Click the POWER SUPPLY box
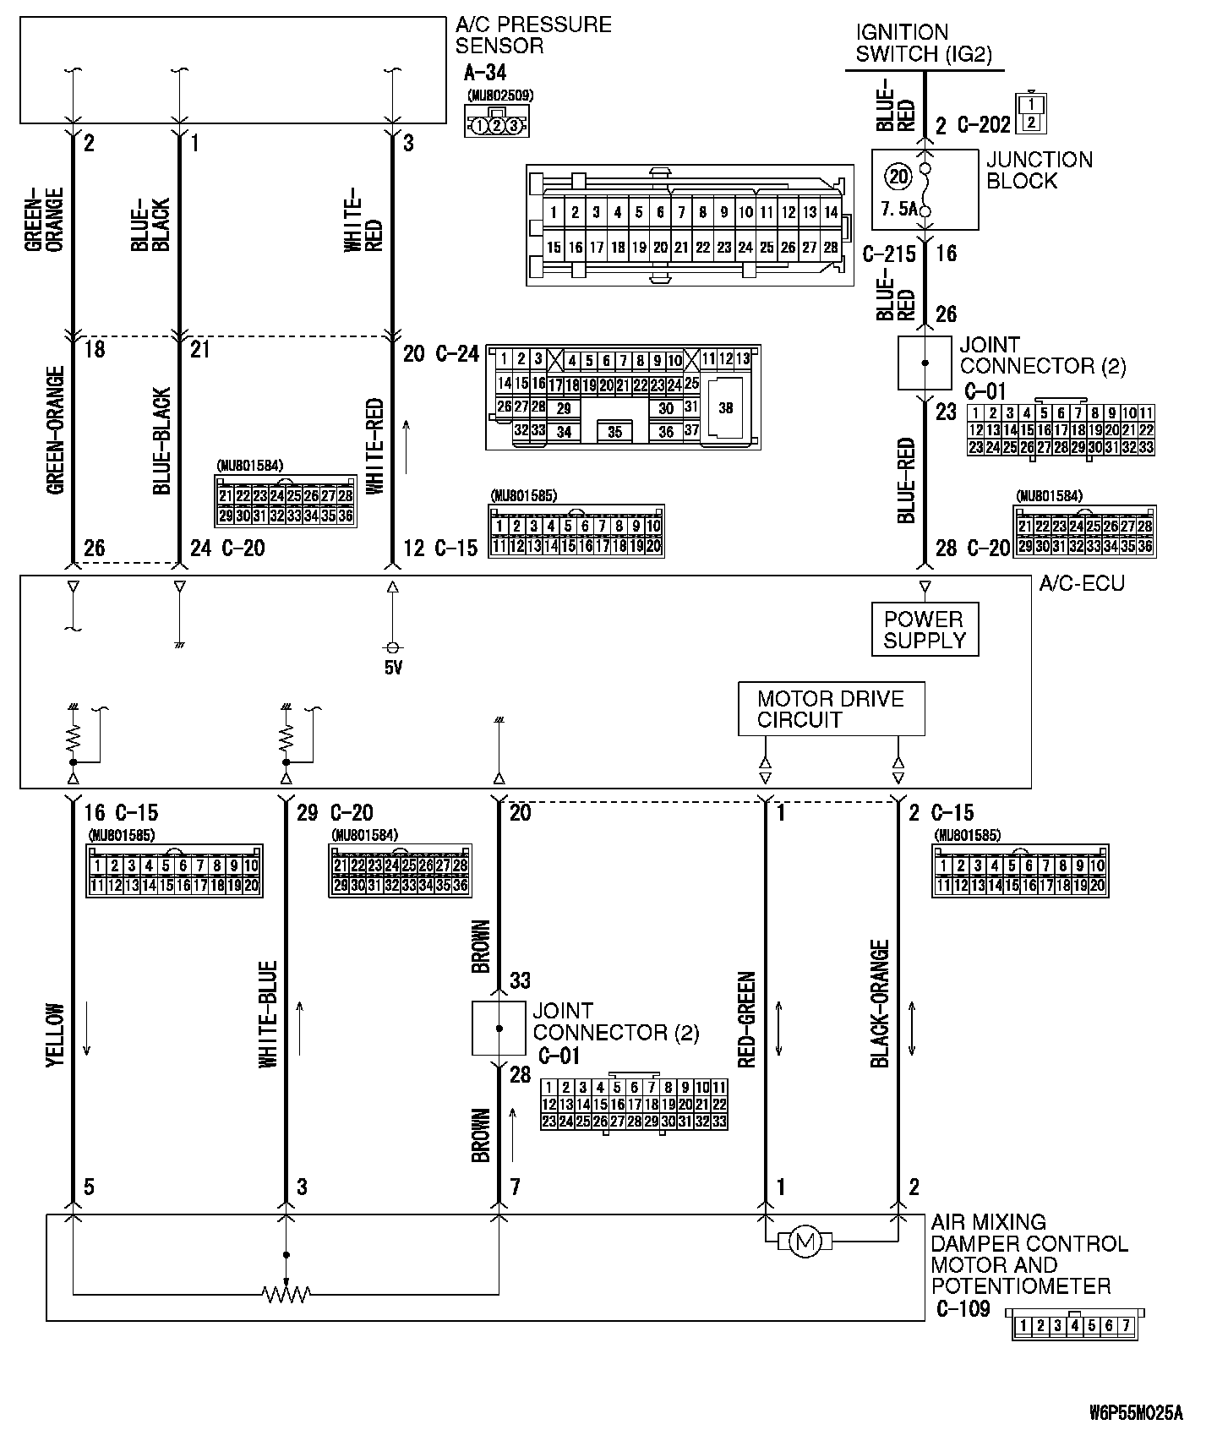(x=924, y=630)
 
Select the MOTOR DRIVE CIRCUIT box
(x=831, y=709)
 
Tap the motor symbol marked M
(x=805, y=1242)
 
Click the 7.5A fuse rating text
(x=898, y=209)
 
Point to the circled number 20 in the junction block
(x=898, y=176)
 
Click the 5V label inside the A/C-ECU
(x=393, y=669)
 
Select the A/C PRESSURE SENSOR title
(x=532, y=35)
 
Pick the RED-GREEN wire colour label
(x=747, y=1021)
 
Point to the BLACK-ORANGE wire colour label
(x=881, y=1004)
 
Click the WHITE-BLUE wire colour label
(x=269, y=1013)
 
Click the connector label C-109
(x=963, y=1309)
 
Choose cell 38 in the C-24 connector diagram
(x=725, y=408)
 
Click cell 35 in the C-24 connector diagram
(x=614, y=432)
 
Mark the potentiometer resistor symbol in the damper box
(x=287, y=1294)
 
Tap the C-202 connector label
(x=984, y=125)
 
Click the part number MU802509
(x=499, y=96)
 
